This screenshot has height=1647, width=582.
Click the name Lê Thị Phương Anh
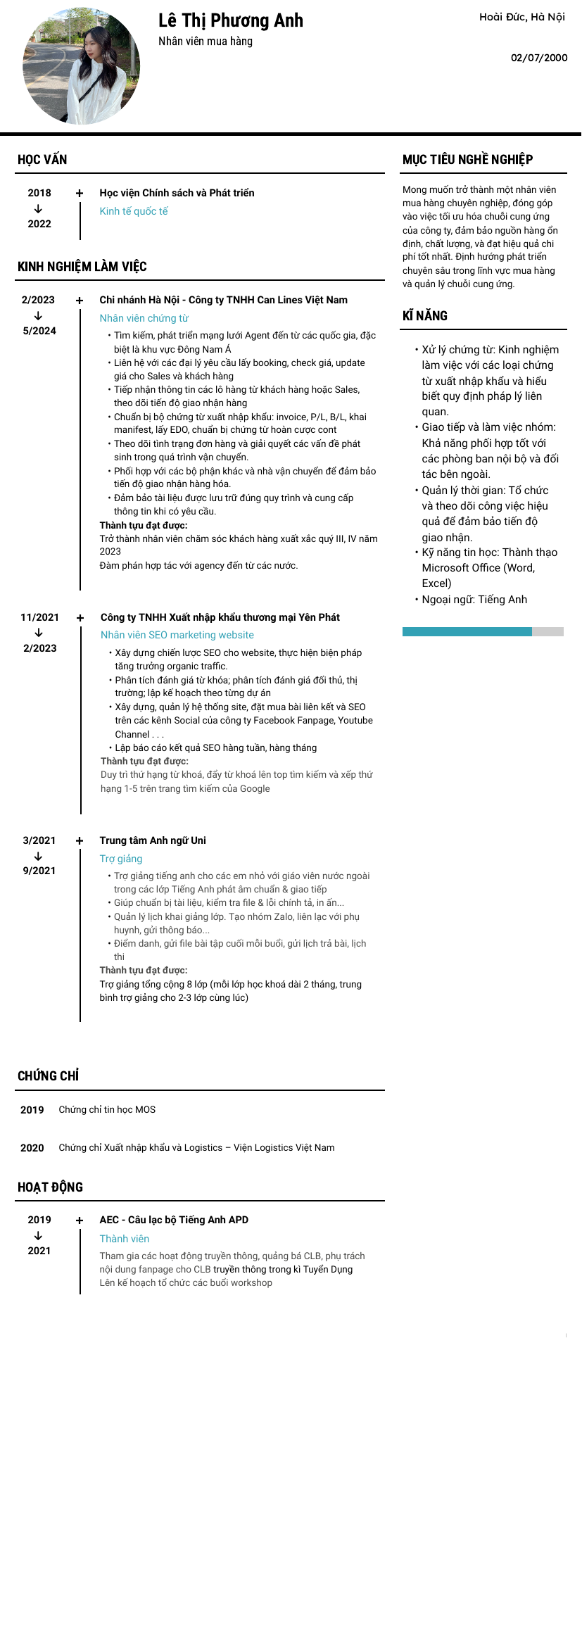click(x=230, y=20)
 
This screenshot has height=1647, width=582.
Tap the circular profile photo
click(x=82, y=66)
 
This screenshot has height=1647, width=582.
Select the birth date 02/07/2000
click(x=539, y=58)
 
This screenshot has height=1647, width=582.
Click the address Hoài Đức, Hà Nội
click(x=522, y=17)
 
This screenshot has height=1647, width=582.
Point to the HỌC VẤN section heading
click(x=42, y=160)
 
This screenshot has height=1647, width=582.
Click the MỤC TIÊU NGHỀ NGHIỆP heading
click(x=467, y=160)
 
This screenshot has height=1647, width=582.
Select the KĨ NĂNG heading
click(x=425, y=316)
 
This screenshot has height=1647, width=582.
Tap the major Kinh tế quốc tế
click(x=134, y=211)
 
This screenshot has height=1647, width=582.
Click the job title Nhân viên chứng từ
click(x=144, y=318)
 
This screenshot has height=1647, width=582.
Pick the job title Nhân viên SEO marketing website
click(x=177, y=635)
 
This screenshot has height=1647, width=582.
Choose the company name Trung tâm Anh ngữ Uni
click(x=153, y=840)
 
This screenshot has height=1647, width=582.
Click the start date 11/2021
click(x=39, y=617)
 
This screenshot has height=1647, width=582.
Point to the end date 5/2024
click(x=39, y=331)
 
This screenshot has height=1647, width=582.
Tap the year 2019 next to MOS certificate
click(x=32, y=1110)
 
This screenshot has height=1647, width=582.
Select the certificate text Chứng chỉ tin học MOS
click(x=107, y=1110)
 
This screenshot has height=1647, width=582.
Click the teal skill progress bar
click(x=467, y=632)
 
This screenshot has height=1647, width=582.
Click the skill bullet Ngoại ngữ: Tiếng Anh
click(x=474, y=600)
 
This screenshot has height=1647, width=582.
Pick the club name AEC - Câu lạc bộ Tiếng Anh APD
click(x=174, y=1220)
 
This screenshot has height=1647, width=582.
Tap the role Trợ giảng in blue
click(x=121, y=859)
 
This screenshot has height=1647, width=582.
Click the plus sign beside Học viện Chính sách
click(x=80, y=193)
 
